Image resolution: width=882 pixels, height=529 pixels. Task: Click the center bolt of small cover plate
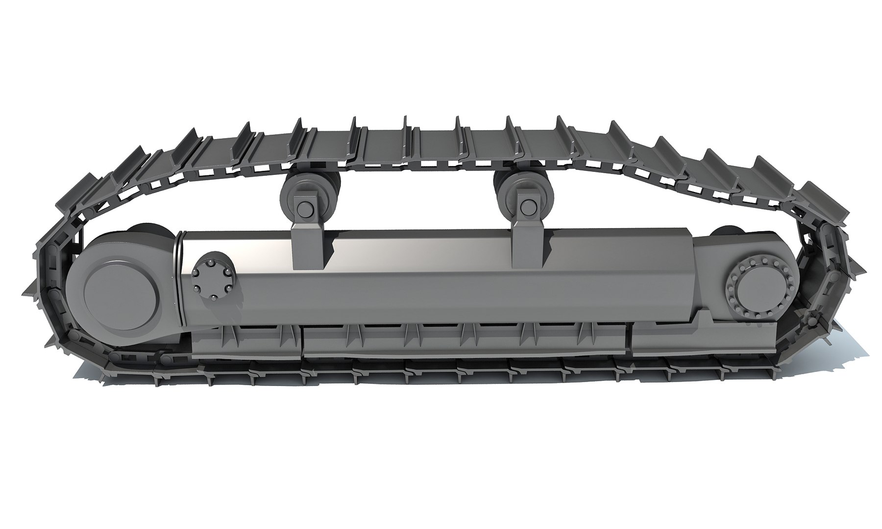(214, 281)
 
